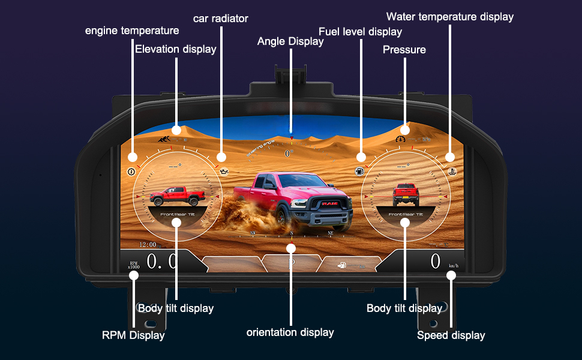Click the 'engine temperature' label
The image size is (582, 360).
132,31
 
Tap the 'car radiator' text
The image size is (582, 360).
220,19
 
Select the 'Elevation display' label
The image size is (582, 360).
175,49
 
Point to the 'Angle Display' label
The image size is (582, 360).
290,41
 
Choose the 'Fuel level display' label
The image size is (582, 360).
360,31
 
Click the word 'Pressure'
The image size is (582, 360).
404,50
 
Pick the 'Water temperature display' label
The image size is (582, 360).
450,17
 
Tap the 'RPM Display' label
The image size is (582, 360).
133,335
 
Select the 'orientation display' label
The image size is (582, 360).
290,332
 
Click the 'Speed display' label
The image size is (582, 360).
451,335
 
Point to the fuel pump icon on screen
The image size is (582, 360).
359,171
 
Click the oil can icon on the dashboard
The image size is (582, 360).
225,172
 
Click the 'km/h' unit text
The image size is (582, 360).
454,265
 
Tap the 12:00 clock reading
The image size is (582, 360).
148,245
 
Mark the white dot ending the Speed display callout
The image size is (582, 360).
451,275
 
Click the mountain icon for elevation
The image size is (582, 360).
163,139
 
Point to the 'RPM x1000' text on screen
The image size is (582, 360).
133,265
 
